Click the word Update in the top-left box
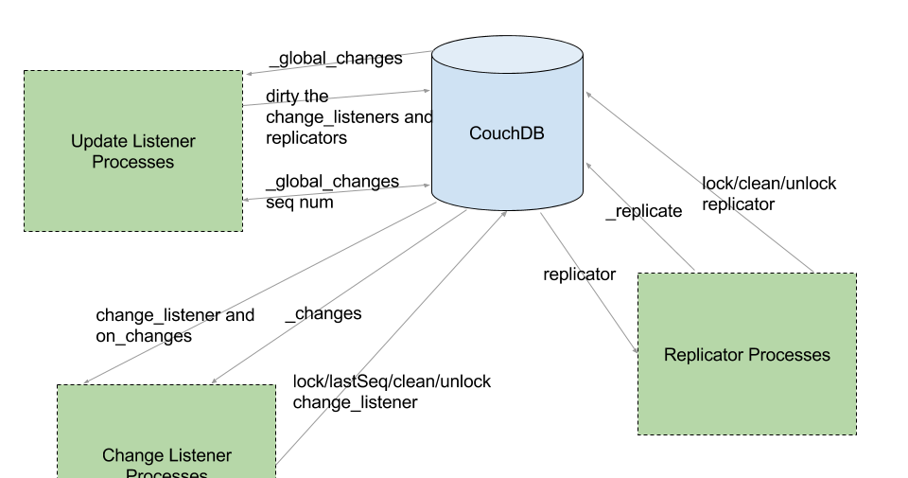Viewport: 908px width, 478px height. pos(96,142)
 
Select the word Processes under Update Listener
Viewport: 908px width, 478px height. pos(133,163)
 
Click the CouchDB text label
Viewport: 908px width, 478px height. pos(507,133)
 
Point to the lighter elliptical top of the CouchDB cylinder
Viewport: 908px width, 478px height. pos(507,55)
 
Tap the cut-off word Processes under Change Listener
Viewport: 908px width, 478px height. pos(166,472)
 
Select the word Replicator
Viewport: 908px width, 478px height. pos(704,355)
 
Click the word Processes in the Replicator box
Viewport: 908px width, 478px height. pos(789,355)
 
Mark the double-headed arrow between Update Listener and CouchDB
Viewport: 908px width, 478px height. pos(337,192)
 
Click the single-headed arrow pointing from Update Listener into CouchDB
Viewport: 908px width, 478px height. pos(337,98)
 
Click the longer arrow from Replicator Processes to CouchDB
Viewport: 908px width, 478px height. pos(700,182)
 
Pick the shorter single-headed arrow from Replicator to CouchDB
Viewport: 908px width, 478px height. pos(640,217)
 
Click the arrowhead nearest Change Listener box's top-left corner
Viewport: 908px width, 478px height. pos(85,382)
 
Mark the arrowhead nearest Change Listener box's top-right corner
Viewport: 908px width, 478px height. pos(214,381)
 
